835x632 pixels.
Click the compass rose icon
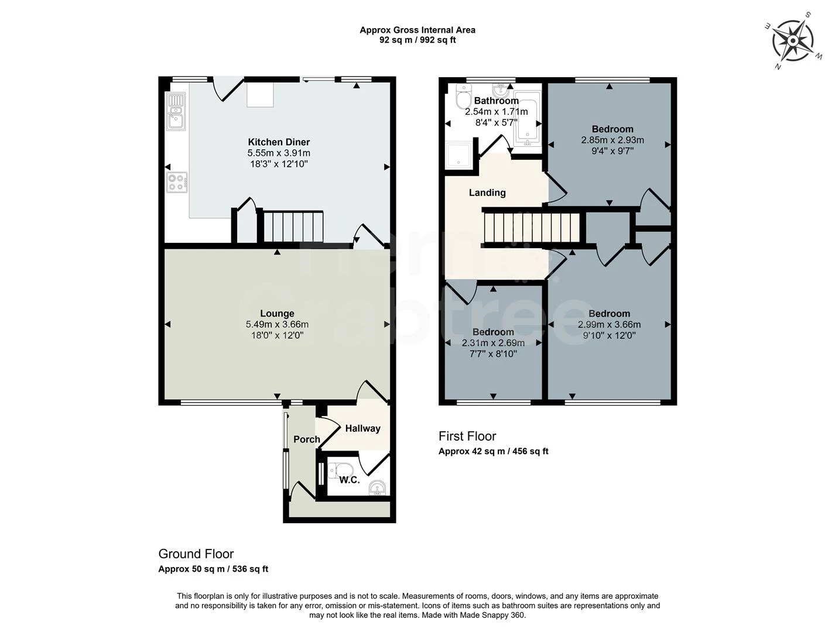792,40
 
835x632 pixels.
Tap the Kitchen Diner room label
279,142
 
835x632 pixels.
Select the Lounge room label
277,314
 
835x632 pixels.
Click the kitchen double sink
176,111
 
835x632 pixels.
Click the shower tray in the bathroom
458,156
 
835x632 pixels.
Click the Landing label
487,193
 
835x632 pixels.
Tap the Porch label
306,439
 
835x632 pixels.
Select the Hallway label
362,428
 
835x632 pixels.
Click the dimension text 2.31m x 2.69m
493,344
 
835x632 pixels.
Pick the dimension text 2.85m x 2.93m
612,140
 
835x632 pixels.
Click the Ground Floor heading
196,554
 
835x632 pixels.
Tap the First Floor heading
467,436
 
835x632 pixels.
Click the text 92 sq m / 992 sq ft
417,40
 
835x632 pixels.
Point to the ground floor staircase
292,227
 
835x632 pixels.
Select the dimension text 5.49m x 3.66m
277,324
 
